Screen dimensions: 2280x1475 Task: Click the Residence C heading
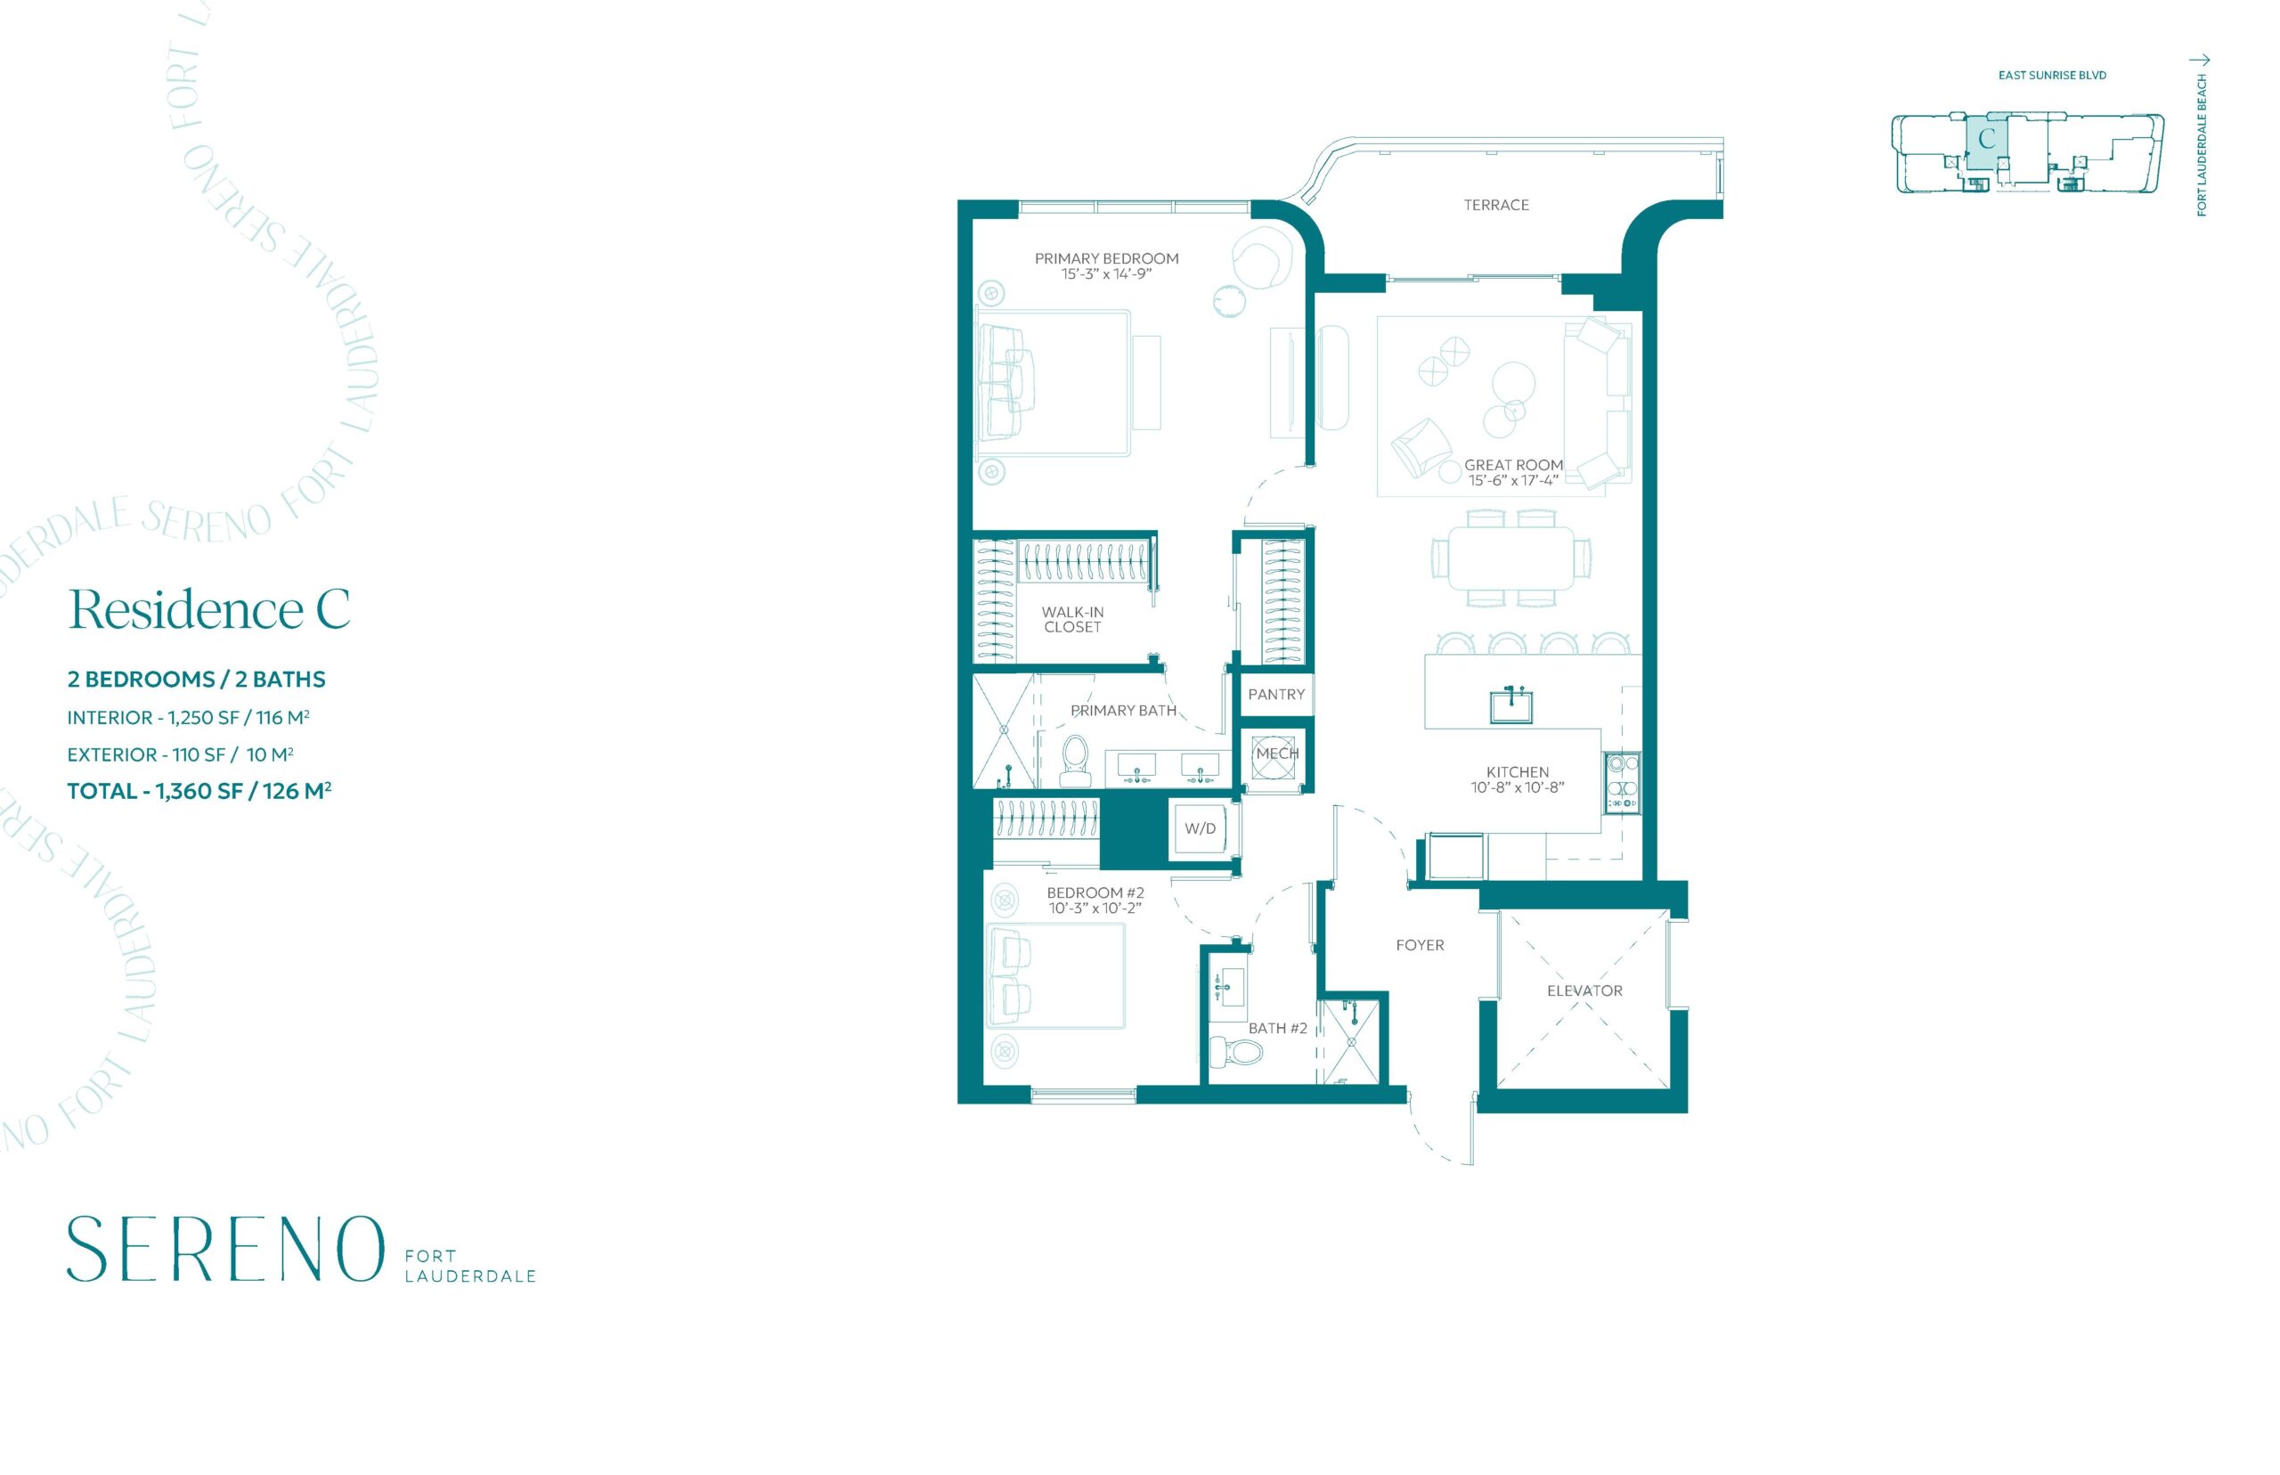[x=209, y=609]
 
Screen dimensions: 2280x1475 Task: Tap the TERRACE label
[x=1495, y=205]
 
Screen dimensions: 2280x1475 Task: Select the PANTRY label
[x=1275, y=695]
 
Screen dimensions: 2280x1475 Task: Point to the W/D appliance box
[x=1200, y=828]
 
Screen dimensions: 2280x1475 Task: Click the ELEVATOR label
[x=1584, y=991]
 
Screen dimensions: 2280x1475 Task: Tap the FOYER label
[x=1419, y=945]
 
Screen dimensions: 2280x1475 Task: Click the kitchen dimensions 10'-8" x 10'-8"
[x=1517, y=788]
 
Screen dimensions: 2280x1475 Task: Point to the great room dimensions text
[x=1513, y=480]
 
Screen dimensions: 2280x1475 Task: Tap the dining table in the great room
[x=1511, y=558]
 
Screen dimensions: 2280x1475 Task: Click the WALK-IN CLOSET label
[x=1071, y=620]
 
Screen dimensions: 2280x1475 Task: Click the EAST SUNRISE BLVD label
[x=2051, y=75]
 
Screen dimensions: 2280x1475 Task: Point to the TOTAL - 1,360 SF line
[x=199, y=791]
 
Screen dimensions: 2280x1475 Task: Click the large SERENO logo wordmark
[x=225, y=1249]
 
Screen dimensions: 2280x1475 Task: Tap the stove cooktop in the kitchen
[x=1622, y=781]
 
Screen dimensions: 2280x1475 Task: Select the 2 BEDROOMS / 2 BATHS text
[x=196, y=679]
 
